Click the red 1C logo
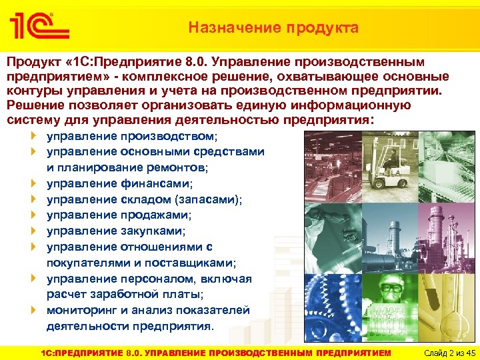39,26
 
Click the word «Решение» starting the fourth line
35,105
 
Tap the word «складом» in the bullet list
147,199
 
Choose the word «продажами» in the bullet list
156,215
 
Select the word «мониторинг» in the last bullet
80,310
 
